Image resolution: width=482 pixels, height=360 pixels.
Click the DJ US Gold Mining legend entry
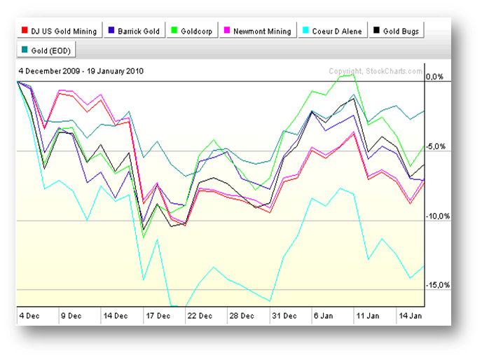click(x=59, y=32)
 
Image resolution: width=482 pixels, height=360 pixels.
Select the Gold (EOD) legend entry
click(x=47, y=50)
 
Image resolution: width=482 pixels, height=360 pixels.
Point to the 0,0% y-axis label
click(x=436, y=76)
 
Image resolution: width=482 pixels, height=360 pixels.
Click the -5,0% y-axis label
click(x=436, y=146)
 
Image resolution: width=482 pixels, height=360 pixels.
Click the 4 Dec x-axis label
click(x=30, y=315)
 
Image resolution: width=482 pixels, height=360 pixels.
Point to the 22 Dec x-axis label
click(x=200, y=315)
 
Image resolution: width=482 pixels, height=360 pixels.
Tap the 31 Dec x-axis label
click(x=285, y=315)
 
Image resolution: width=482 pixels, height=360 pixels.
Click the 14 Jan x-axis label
click(x=410, y=315)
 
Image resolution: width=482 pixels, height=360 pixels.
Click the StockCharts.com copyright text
click(x=376, y=71)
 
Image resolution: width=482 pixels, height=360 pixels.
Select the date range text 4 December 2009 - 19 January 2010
click(x=81, y=71)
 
